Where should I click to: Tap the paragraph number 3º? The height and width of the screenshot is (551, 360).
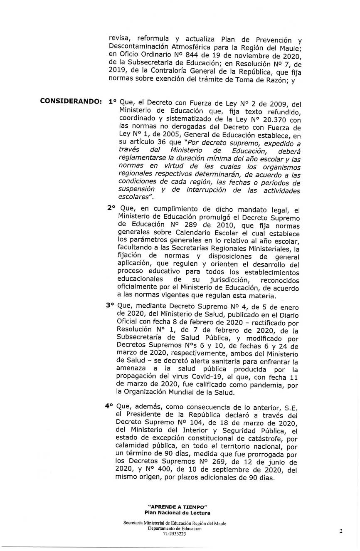[x=110, y=305]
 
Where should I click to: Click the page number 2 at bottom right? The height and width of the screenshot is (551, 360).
[x=341, y=531]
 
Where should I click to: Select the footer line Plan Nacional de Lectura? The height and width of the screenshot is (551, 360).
[x=177, y=513]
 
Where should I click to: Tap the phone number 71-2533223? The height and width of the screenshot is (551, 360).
[x=175, y=534]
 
